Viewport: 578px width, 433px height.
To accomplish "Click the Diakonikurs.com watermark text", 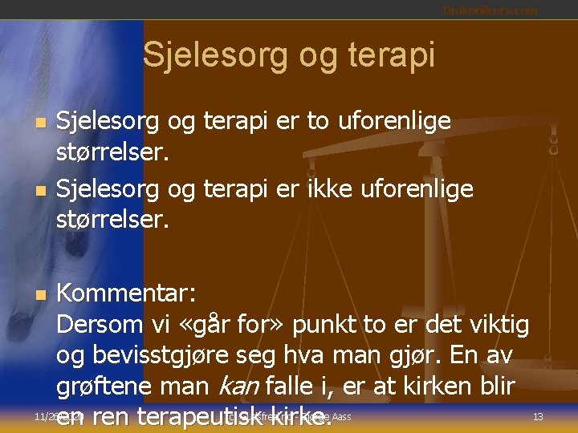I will pyautogui.click(x=490, y=10).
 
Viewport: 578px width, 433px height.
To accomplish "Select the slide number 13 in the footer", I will pyautogui.click(x=538, y=416).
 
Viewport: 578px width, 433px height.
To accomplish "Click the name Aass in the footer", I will pyautogui.click(x=340, y=416).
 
